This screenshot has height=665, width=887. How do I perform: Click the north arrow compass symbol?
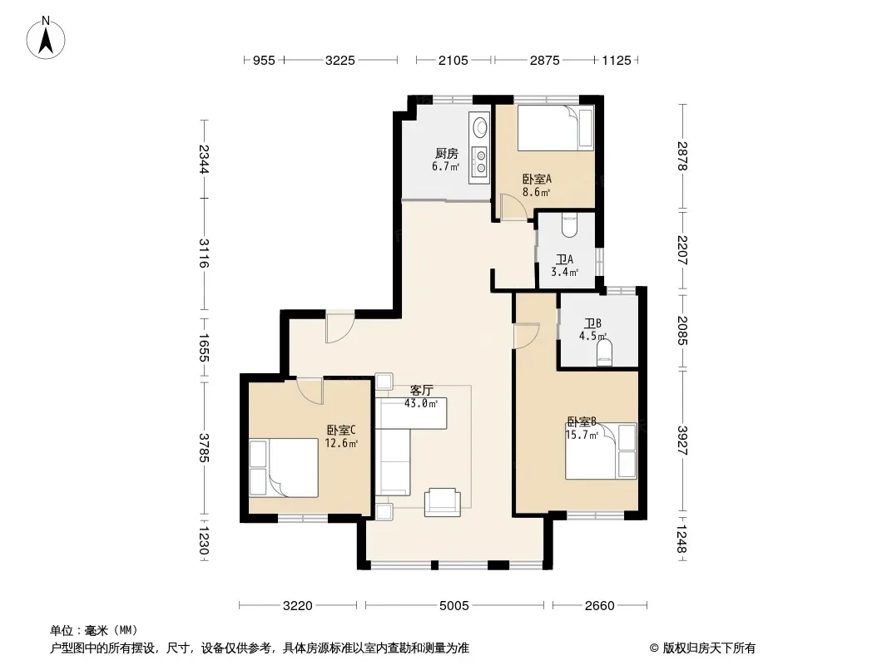point(46,37)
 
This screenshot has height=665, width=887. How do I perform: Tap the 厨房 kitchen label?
point(446,153)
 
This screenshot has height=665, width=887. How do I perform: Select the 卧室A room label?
point(537,179)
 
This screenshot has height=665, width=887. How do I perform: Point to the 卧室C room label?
point(340,430)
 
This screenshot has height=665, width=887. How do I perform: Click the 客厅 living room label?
point(421,391)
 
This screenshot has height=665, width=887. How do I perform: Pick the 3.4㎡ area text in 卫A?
point(564,272)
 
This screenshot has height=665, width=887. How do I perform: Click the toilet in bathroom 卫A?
point(569,225)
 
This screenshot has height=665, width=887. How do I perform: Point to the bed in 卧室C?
point(284,468)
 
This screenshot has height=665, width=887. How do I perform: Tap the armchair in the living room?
point(443,502)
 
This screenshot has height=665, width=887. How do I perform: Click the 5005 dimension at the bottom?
point(453,606)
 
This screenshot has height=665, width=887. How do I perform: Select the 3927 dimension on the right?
point(683,441)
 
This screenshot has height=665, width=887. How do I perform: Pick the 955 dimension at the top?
point(264,60)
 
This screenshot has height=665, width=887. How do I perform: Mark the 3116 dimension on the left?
point(204,254)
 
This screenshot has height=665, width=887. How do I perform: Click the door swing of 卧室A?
point(513,207)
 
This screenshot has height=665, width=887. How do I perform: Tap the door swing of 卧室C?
point(310,391)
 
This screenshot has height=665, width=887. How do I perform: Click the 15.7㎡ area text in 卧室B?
point(582,435)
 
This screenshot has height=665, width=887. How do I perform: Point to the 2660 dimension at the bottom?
point(599,606)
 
